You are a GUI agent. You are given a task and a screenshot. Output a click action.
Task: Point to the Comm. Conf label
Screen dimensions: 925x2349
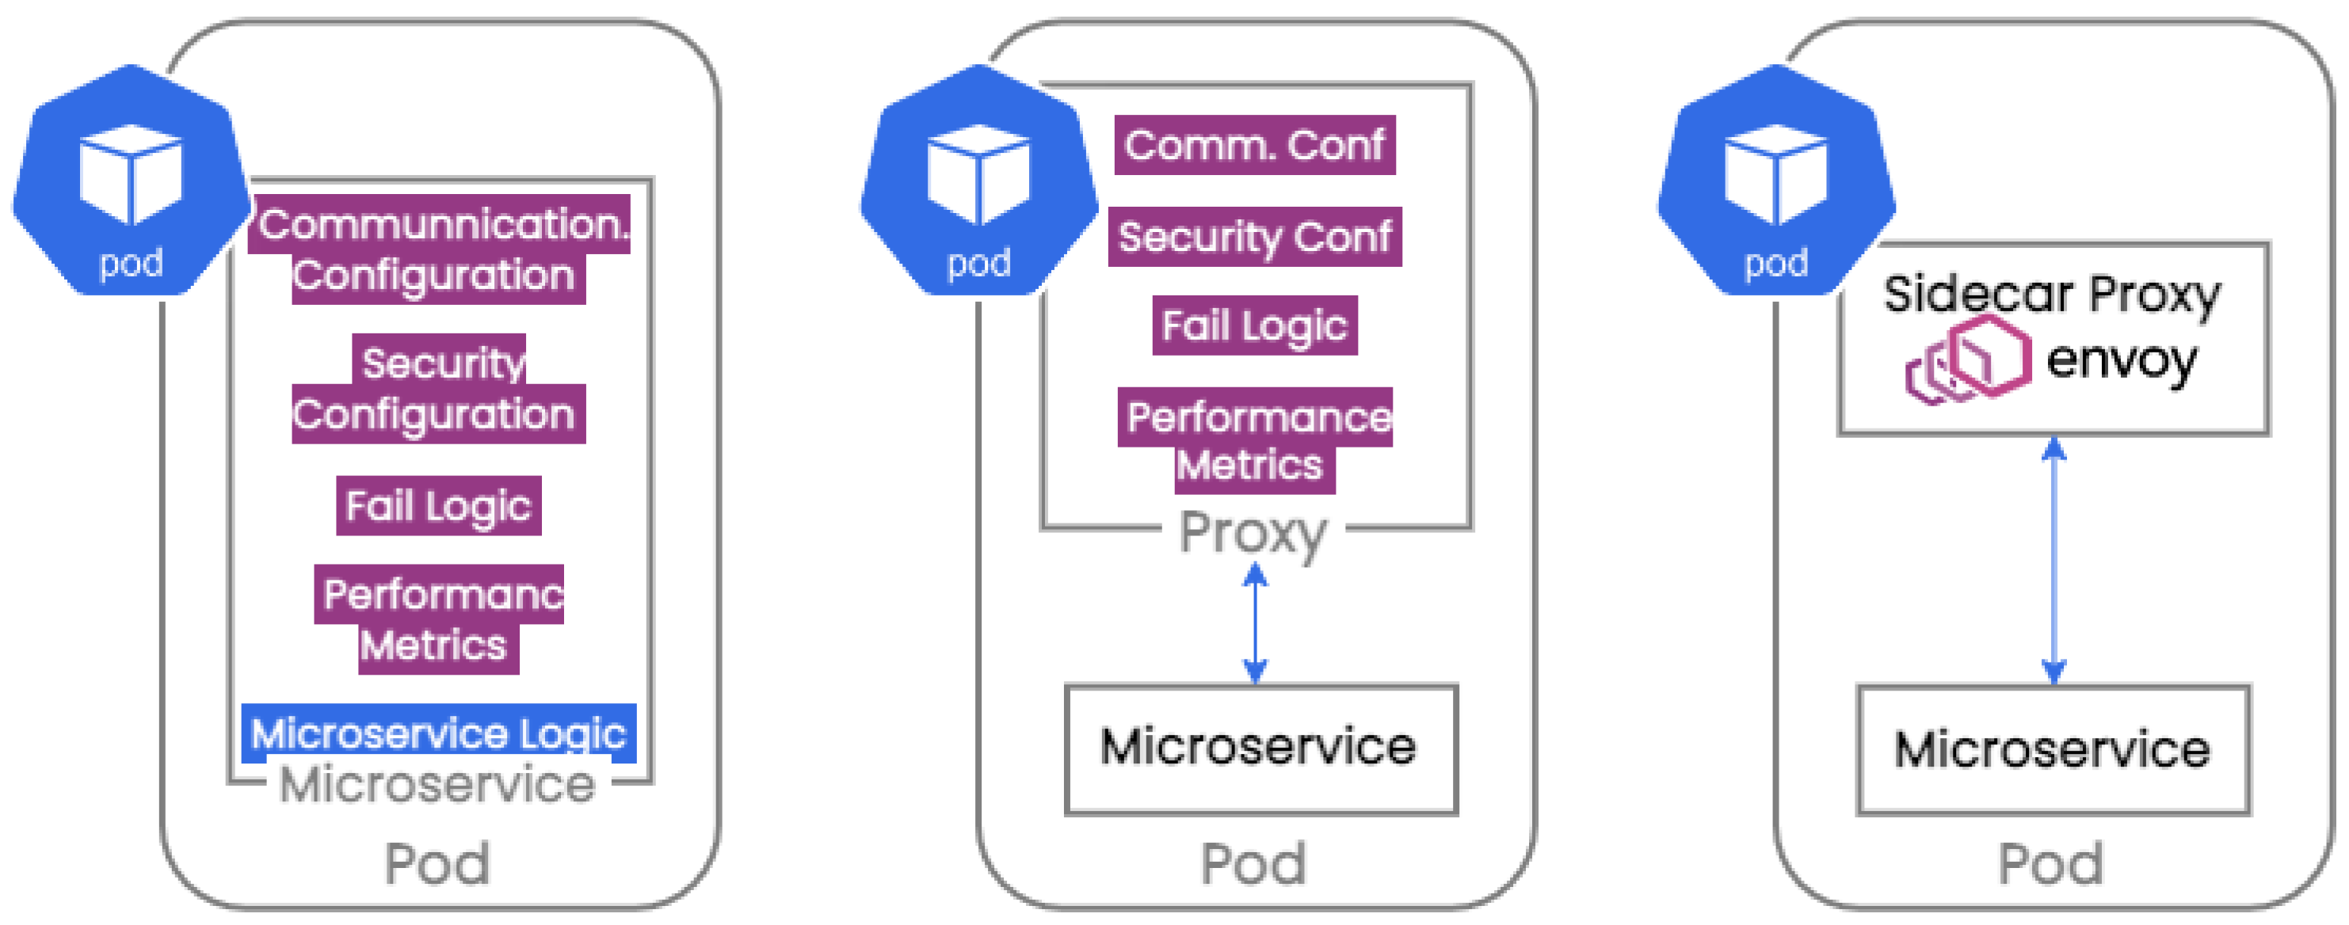click(x=1255, y=145)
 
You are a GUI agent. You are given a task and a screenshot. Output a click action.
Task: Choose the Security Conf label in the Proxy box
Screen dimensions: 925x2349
click(x=1255, y=237)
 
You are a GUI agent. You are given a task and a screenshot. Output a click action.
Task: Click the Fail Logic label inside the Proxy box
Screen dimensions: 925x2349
click(x=1255, y=325)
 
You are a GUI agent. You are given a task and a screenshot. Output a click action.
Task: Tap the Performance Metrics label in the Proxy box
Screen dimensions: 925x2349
click(x=1255, y=441)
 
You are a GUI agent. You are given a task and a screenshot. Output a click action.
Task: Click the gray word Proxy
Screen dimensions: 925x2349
click(x=1253, y=532)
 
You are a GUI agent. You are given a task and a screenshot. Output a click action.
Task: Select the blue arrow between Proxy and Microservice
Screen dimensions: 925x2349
click(x=1256, y=623)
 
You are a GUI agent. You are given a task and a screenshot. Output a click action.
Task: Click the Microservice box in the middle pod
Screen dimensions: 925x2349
click(x=1260, y=749)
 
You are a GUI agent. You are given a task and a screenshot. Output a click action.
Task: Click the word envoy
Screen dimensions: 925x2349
click(x=2121, y=360)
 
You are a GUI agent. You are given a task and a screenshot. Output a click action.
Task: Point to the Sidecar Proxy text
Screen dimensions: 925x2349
click(x=2052, y=295)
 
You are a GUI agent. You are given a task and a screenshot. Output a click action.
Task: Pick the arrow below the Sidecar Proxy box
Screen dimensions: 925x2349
click(x=2053, y=561)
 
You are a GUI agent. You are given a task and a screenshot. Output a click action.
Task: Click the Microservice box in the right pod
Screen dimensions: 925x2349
click(x=2053, y=750)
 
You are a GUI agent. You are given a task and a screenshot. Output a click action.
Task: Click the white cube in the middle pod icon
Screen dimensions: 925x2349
click(x=978, y=173)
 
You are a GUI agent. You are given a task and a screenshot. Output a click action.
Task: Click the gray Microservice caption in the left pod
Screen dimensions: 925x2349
click(x=437, y=785)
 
